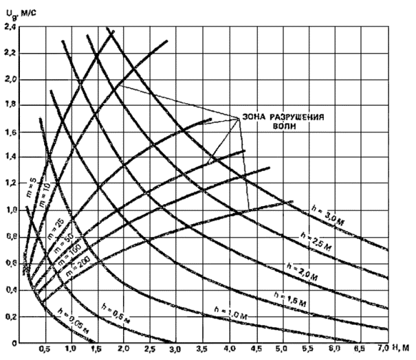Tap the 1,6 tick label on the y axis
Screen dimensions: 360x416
tap(10, 132)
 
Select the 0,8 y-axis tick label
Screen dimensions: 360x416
tap(10, 238)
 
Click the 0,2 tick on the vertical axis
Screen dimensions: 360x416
tap(10, 317)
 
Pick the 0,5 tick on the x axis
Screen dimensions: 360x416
tap(45, 351)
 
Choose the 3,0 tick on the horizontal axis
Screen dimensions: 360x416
tap(175, 351)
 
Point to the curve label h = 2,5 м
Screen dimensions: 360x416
tap(318, 242)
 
